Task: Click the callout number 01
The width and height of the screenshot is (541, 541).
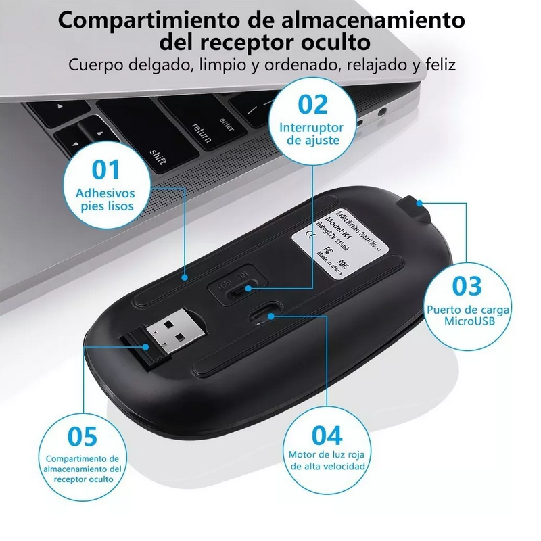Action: [105, 170]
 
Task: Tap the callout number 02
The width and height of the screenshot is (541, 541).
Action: [313, 105]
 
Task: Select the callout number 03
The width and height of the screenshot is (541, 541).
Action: [467, 285]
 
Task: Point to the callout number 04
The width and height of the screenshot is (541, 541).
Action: [327, 434]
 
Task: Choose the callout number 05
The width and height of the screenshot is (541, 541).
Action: [83, 436]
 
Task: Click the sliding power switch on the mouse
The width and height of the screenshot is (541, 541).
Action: [240, 289]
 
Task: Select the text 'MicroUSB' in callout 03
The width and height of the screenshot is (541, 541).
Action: [469, 321]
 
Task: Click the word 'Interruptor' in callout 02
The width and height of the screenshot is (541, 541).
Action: [312, 128]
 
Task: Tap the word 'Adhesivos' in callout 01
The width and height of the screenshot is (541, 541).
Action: [105, 193]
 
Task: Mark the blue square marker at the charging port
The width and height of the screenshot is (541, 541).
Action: [420, 202]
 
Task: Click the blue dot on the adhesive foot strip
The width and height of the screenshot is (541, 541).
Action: [185, 277]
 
